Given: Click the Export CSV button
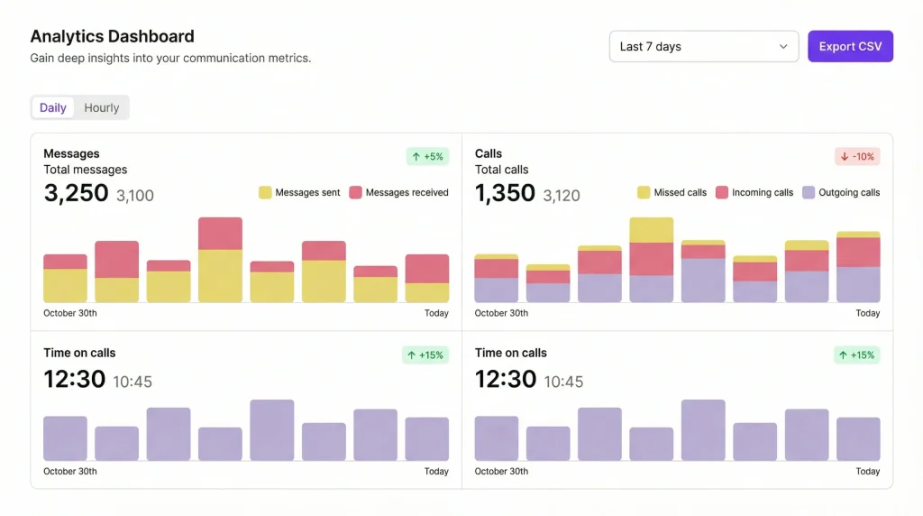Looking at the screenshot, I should tap(850, 47).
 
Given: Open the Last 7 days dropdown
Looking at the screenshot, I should tap(703, 47).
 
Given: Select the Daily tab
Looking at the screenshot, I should tap(53, 107).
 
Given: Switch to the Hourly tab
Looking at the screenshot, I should tap(102, 107).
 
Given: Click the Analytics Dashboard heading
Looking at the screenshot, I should tap(112, 37).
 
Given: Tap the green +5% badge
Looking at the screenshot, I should tap(427, 156).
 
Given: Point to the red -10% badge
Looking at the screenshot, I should tap(857, 156).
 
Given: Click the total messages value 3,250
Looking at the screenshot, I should tap(76, 193).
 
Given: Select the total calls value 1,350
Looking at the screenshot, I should tap(505, 193).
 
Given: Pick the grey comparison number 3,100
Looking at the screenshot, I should tap(135, 195).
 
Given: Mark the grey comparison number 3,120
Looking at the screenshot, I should tap(562, 195).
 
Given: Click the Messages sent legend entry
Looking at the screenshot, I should tap(299, 192).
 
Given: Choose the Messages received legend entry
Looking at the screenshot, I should tap(398, 192).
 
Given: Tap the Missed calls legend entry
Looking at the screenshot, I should tap(672, 192).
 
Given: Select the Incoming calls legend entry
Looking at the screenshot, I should tap(754, 192).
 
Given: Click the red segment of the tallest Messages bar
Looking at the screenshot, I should tap(220, 233).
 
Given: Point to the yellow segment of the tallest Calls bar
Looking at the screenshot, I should tap(651, 230).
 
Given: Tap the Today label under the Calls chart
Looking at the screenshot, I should tap(867, 313).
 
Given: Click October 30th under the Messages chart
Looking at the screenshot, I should tap(70, 313).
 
